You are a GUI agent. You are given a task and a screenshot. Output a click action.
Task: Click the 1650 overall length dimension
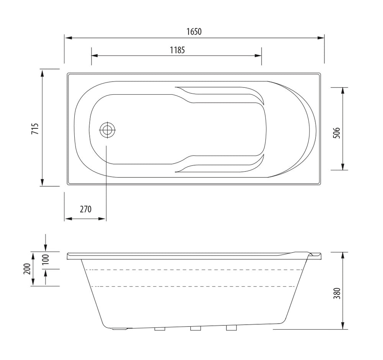click(x=194, y=32)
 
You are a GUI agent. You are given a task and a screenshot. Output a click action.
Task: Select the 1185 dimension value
click(x=177, y=50)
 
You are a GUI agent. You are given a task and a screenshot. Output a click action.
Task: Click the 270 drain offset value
click(x=85, y=209)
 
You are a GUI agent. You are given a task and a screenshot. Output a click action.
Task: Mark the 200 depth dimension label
click(x=27, y=269)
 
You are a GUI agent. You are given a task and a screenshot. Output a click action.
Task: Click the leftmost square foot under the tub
click(x=160, y=329)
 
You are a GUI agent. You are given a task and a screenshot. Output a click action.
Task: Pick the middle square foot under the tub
click(x=196, y=329)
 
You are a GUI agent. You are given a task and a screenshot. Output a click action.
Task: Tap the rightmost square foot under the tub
click(x=231, y=328)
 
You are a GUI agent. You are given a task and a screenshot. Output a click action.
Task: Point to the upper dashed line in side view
click(x=191, y=270)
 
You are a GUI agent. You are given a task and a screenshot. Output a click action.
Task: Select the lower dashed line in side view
click(x=191, y=286)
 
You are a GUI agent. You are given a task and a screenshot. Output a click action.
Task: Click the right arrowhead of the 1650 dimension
click(x=321, y=38)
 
